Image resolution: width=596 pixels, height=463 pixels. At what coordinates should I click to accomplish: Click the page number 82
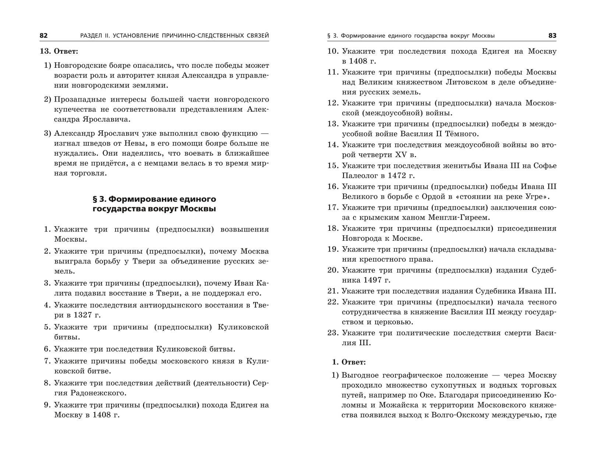click(x=43, y=35)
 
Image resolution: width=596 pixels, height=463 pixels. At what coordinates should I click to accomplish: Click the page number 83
click(x=552, y=36)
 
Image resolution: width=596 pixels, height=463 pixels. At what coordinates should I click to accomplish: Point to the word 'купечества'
click(x=73, y=109)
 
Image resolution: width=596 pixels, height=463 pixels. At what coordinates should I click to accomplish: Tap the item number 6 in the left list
click(x=47, y=349)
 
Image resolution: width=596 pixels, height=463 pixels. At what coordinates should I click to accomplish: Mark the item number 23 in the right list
click(x=332, y=333)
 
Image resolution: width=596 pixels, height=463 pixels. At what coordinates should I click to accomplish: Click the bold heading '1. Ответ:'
click(x=349, y=362)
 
